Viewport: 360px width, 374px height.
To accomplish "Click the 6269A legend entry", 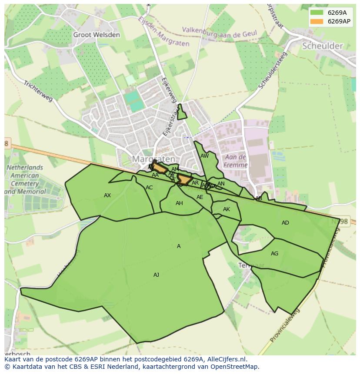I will point(330,13).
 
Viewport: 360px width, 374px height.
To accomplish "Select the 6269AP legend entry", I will point(330,21).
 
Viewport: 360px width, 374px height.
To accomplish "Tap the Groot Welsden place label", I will point(96,35).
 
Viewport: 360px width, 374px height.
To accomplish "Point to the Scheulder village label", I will point(322,46).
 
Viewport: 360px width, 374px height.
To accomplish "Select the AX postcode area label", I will point(107,195).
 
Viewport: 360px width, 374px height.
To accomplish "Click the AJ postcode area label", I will point(156,275).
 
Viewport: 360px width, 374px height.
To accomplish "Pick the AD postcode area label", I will point(285,223).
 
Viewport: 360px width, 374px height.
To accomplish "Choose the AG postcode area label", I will point(274,254).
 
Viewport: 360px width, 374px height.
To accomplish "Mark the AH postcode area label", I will point(179,203).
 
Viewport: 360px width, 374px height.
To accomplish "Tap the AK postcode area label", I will point(226,209).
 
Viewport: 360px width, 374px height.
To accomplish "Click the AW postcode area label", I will point(204,156).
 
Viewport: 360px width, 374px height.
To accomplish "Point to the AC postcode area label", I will point(149,188).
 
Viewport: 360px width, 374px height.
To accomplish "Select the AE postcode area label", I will point(200,197).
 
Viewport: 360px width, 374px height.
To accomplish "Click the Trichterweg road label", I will point(38,91).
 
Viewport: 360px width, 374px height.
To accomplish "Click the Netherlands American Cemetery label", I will point(25,179).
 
